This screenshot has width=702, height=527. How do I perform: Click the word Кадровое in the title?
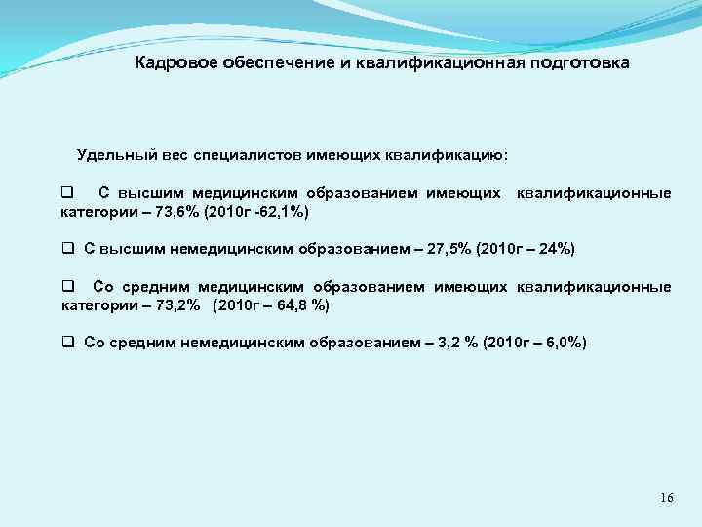click(171, 63)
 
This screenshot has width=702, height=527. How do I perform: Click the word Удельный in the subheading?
click(111, 154)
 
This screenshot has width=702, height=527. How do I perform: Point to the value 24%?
click(553, 249)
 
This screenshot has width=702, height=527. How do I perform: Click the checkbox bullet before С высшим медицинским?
click(67, 192)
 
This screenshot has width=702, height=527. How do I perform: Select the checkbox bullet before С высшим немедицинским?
click(67, 249)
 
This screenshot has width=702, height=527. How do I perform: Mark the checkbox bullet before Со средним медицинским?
click(67, 287)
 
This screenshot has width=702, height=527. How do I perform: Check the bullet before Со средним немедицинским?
click(67, 343)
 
